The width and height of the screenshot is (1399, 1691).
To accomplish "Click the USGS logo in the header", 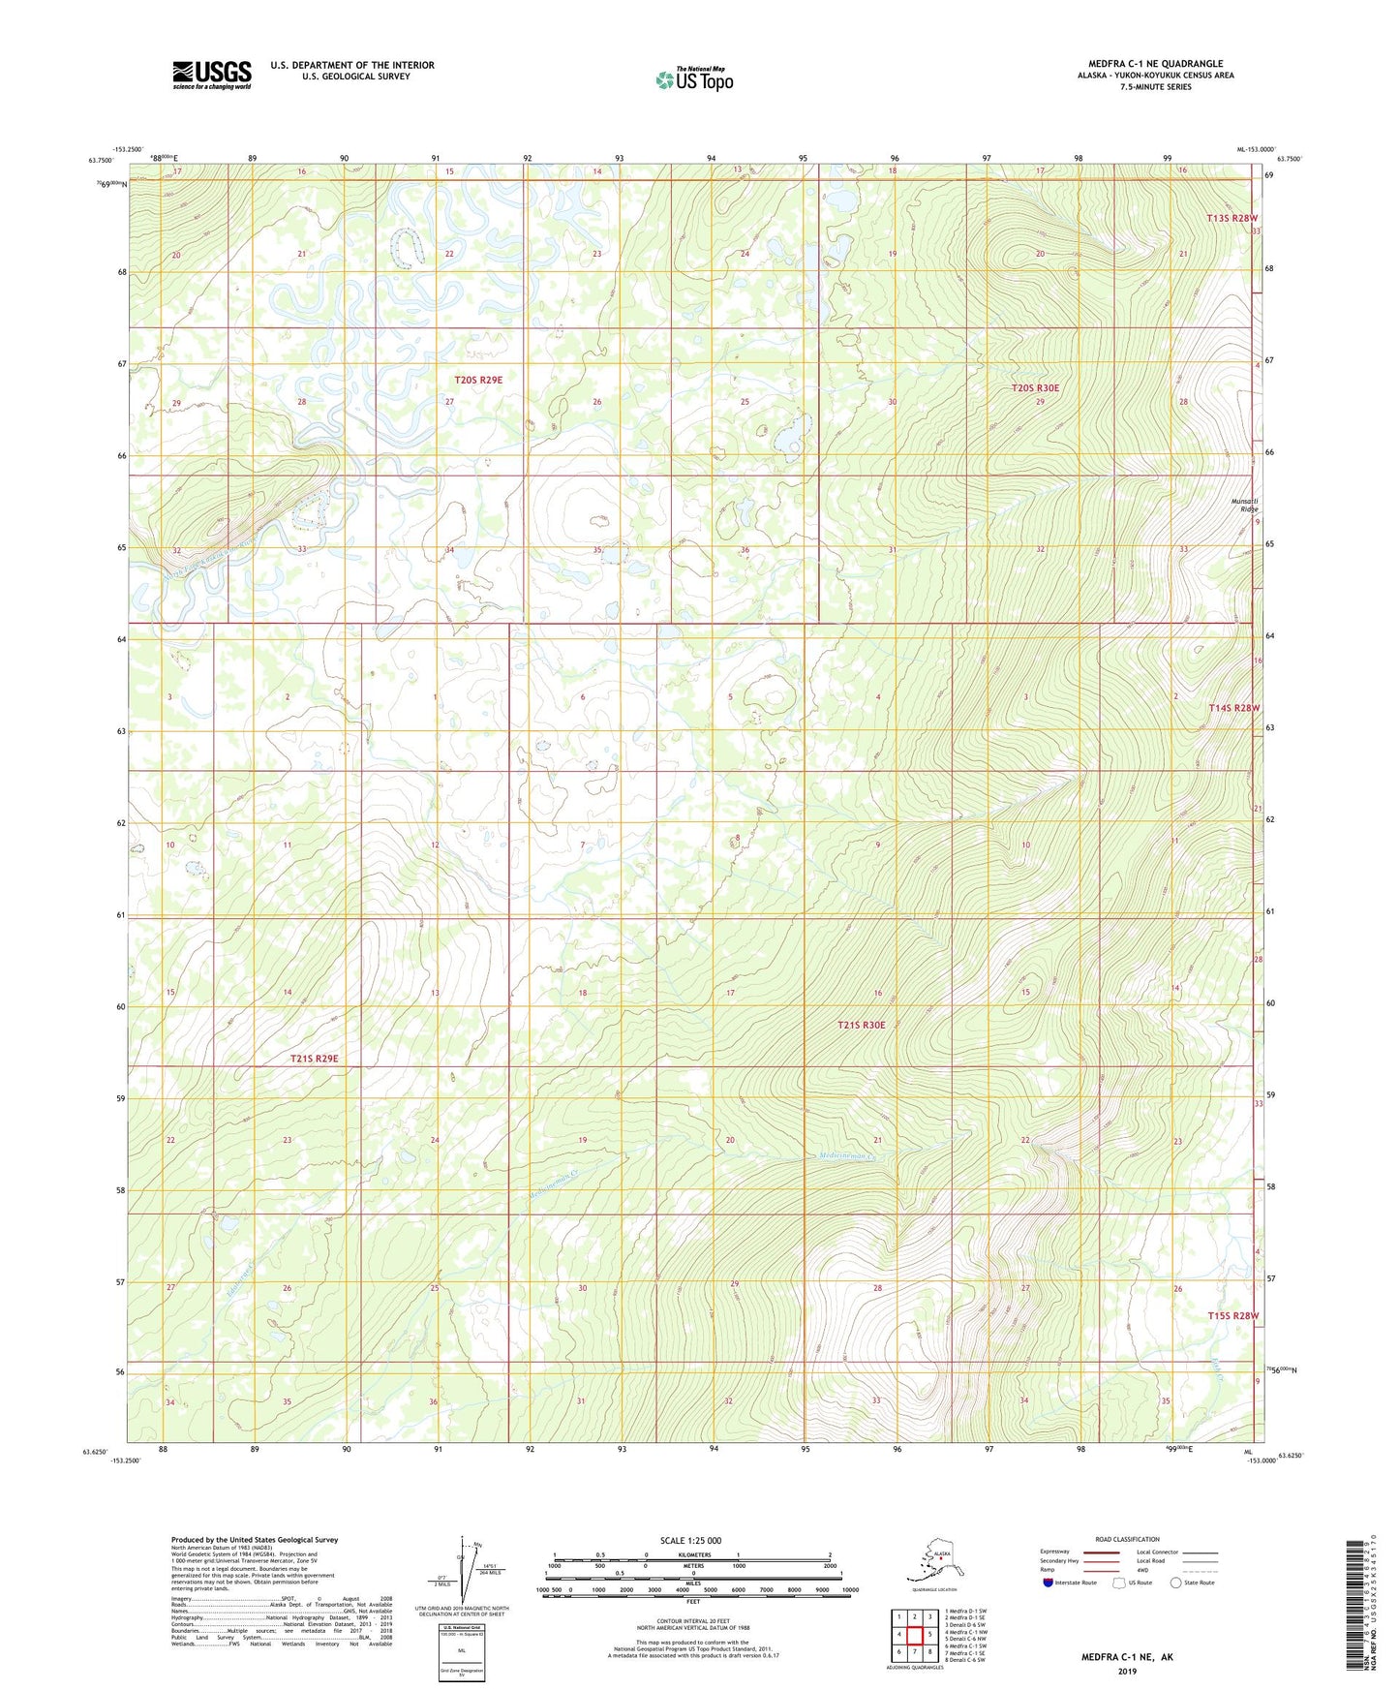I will (x=212, y=75).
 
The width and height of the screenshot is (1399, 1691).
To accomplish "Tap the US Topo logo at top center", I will (x=693, y=78).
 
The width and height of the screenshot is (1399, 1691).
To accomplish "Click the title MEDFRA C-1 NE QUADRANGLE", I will (x=1155, y=64).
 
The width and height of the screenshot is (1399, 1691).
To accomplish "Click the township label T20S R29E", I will (x=478, y=380).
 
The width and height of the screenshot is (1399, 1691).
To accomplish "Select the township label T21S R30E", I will (x=861, y=1025).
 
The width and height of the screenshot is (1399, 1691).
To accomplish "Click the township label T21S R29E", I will (x=314, y=1059).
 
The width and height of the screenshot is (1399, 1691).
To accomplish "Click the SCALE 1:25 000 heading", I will (x=690, y=1540).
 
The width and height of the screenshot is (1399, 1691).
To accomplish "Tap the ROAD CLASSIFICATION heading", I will (x=1127, y=1539).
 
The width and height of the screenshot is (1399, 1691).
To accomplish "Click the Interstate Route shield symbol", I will (x=1049, y=1583).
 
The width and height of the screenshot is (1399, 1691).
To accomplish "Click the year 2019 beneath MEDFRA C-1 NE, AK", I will (x=1126, y=1671).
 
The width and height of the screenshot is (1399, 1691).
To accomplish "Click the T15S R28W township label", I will (x=1232, y=1316).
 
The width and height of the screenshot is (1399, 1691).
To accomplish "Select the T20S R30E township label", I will (x=1035, y=388).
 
